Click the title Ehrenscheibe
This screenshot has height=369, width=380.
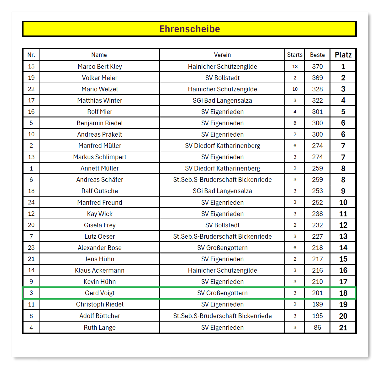tap(190, 29)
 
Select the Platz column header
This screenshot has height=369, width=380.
tap(343, 55)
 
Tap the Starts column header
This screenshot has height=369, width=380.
tap(295, 55)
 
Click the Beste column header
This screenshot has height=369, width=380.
tap(317, 55)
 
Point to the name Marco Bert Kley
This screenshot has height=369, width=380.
tap(100, 67)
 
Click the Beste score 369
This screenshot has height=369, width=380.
tap(317, 78)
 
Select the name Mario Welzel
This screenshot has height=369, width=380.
tap(100, 89)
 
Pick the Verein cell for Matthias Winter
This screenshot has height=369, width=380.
tap(222, 100)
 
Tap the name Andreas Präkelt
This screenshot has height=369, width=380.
tap(100, 134)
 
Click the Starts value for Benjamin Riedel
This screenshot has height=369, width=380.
tap(295, 123)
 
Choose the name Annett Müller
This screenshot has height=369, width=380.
tap(100, 168)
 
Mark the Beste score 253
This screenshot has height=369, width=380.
tap(317, 191)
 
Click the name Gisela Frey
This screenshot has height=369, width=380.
tap(100, 225)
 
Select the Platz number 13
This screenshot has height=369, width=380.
tap(343, 236)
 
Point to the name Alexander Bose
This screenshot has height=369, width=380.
tap(100, 248)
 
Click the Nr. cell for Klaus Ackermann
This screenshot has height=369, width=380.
tap(31, 270)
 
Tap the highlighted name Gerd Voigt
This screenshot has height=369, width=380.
tap(100, 293)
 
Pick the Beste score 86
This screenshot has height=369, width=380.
tap(317, 328)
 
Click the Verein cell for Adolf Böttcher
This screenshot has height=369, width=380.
tap(222, 316)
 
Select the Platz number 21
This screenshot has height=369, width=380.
tap(343, 328)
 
